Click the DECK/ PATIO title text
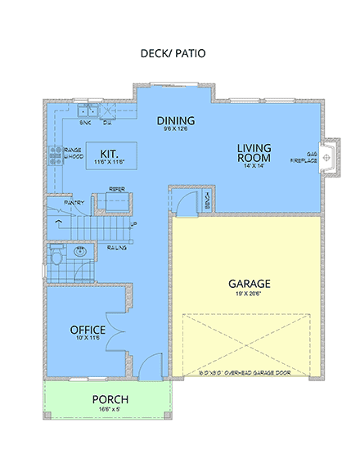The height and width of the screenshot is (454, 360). pos(173,54)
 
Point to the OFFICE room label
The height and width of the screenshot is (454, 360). pos(87,330)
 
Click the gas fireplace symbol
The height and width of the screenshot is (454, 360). pos(327,155)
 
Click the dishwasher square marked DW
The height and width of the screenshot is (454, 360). pos(107,113)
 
